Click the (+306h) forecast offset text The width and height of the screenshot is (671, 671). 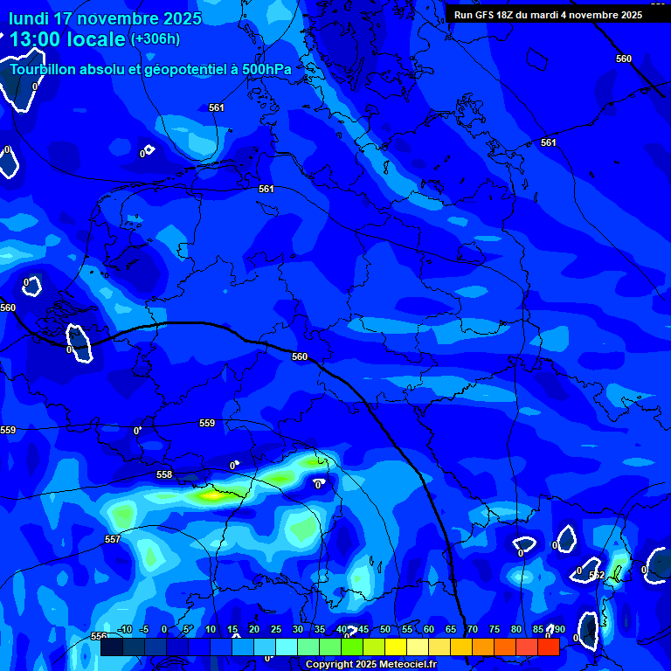tap(155, 38)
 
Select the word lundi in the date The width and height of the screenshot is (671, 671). tap(28, 18)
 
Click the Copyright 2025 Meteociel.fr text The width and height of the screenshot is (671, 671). tap(370, 665)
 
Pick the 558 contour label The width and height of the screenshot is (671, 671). tap(164, 475)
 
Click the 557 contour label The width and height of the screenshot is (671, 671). tap(113, 540)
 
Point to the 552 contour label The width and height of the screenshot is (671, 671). tap(597, 575)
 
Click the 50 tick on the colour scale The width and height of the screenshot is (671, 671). tap(385, 630)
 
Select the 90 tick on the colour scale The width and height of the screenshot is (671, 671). tap(558, 630)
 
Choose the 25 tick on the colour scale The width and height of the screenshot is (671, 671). tap(276, 630)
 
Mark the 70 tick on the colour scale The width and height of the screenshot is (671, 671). tap(473, 630)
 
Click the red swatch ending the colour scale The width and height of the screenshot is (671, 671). tap(548, 647)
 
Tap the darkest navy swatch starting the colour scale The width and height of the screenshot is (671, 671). tap(111, 647)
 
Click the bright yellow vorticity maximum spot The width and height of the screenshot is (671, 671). tap(211, 495)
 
